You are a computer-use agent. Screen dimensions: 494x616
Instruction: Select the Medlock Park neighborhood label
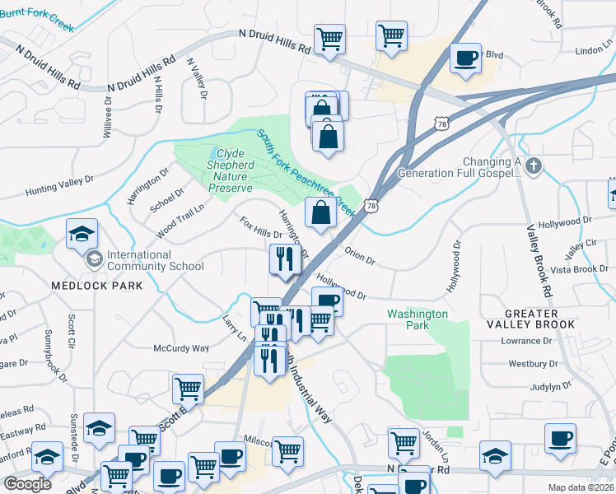[97, 286]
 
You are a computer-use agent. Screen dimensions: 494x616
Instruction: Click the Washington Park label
[418, 319]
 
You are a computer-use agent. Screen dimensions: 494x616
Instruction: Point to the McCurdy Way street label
[181, 348]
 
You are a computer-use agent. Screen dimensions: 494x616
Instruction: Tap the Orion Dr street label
[360, 256]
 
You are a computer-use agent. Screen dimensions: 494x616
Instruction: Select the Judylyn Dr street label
[551, 385]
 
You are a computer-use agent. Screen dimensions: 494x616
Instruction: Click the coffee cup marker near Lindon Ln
[466, 58]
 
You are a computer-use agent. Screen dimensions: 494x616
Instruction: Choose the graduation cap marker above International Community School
[82, 235]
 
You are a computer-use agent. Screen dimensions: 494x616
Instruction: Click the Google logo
[28, 484]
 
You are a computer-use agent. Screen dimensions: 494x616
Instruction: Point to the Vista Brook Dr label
[580, 269]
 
